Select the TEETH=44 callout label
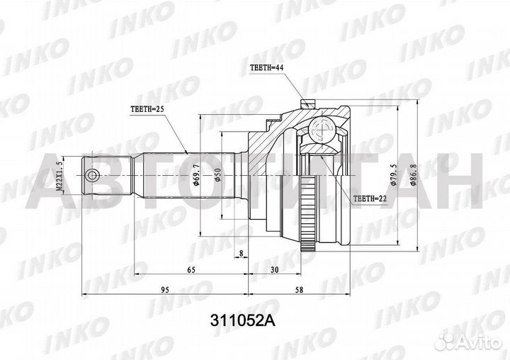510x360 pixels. [x=268, y=68]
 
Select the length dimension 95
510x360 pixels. [x=164, y=288]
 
